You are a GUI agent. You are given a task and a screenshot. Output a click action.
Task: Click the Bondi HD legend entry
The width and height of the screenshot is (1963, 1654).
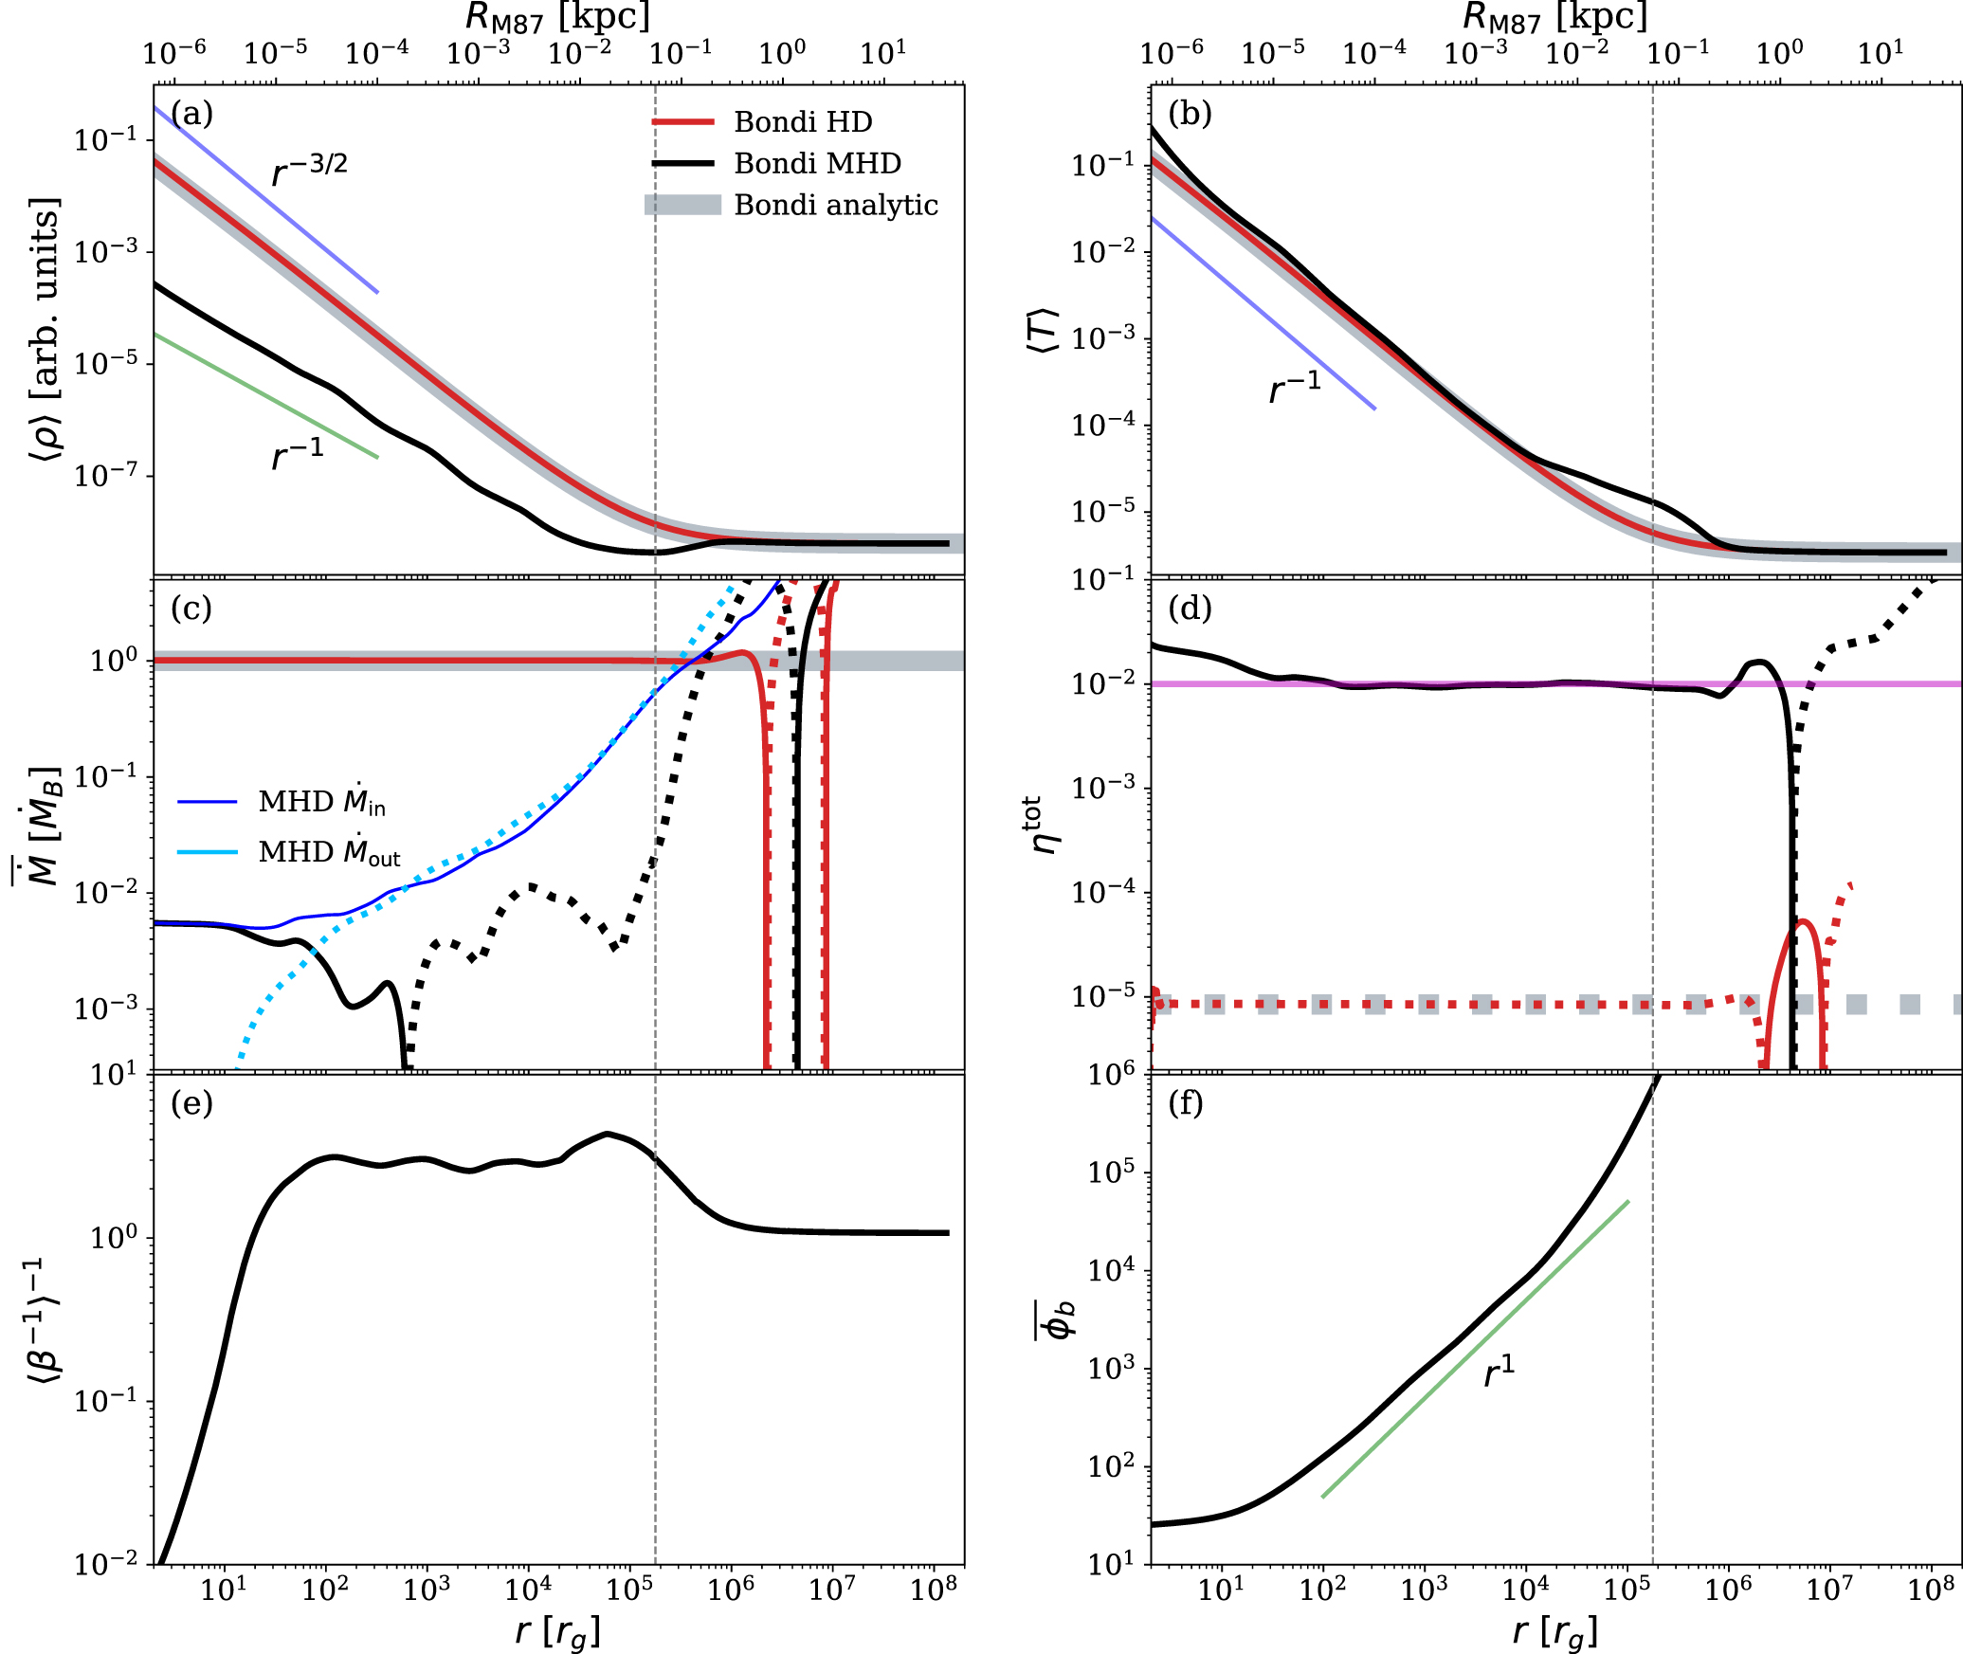[x=802, y=122]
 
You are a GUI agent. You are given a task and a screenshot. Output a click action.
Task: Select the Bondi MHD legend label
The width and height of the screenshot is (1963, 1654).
[x=817, y=164]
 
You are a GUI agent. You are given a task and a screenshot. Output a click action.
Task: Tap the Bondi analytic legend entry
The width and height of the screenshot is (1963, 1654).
[x=835, y=206]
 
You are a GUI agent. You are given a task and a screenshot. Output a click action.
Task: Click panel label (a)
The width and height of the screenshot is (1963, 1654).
[x=191, y=114]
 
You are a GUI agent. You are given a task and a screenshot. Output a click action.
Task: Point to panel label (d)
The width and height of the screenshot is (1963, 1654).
[x=1190, y=609]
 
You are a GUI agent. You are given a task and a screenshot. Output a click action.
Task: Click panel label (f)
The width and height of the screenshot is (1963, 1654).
[x=1186, y=1103]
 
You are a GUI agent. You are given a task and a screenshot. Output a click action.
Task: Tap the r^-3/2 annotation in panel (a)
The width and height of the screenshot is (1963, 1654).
[x=310, y=170]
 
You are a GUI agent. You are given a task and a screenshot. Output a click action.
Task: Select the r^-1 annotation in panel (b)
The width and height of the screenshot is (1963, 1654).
[x=1295, y=387]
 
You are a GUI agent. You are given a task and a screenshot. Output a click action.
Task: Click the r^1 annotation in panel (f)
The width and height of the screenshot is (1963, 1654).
[x=1499, y=1371]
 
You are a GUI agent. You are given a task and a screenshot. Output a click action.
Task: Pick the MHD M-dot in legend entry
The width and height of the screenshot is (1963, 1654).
[x=321, y=802]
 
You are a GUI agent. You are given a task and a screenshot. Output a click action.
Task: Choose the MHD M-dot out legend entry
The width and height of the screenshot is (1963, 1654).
[x=329, y=852]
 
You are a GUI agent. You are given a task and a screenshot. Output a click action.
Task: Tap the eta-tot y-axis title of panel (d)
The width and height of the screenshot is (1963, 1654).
[x=1045, y=825]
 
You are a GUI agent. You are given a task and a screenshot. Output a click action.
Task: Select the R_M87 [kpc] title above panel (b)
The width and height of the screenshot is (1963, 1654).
[x=1555, y=17]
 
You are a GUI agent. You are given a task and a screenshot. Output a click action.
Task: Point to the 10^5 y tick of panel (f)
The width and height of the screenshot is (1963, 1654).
[x=1111, y=1173]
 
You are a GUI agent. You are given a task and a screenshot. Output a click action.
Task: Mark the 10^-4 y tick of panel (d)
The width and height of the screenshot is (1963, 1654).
[x=1101, y=892]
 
